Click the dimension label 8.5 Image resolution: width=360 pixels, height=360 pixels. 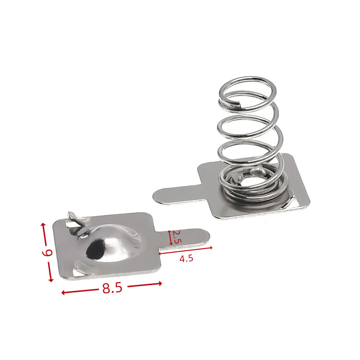click(x=112, y=288)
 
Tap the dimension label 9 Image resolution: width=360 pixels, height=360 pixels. click(x=48, y=253)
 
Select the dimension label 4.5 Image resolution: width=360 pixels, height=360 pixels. click(x=186, y=259)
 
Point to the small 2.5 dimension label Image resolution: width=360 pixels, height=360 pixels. click(x=177, y=237)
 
